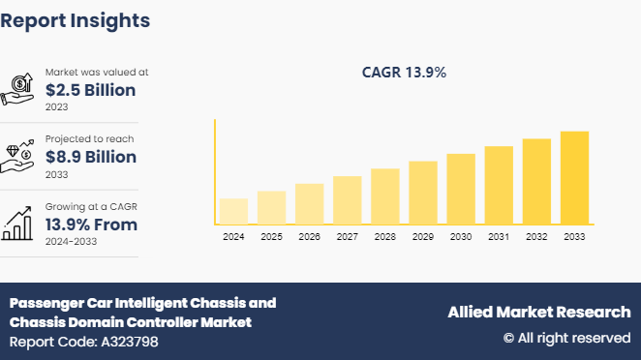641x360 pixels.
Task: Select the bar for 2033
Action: (x=574, y=178)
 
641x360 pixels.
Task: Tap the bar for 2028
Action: (x=385, y=197)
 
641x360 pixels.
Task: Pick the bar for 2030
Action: (x=461, y=190)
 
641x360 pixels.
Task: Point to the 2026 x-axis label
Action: (x=309, y=237)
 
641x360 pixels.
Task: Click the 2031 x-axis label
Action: (x=499, y=237)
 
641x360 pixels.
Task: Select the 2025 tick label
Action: (x=271, y=237)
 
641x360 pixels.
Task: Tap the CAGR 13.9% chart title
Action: (x=403, y=73)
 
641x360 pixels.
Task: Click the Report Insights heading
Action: (x=76, y=19)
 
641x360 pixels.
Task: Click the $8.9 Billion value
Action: (x=91, y=157)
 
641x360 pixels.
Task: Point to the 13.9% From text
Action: (x=91, y=225)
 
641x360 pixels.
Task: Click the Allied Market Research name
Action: (x=538, y=312)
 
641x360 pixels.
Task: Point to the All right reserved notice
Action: (x=566, y=338)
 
